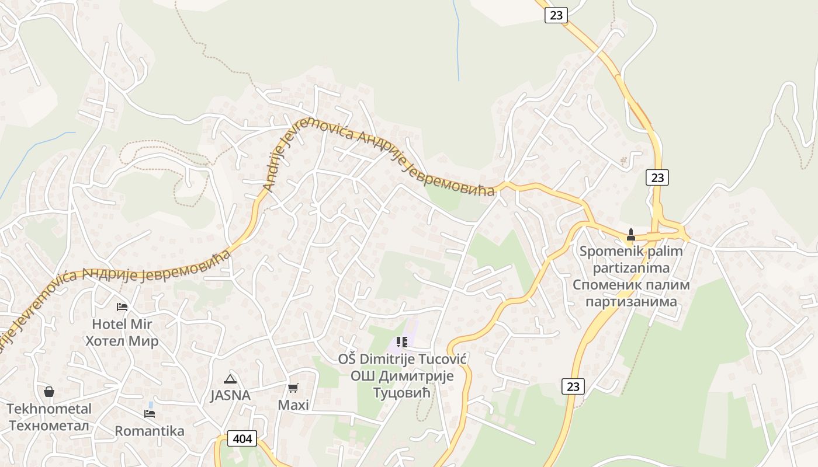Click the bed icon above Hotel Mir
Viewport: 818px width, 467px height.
click(122, 306)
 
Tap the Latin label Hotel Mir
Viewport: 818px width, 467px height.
click(122, 324)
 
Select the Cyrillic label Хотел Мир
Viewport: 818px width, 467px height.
click(122, 341)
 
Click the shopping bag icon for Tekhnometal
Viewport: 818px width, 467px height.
click(49, 391)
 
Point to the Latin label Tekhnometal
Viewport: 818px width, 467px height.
click(49, 409)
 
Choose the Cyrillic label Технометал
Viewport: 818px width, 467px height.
click(49, 426)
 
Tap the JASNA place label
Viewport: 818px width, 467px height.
click(230, 396)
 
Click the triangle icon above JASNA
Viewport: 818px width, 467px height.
click(230, 379)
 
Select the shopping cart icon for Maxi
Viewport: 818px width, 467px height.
click(293, 388)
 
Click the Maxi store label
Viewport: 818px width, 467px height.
click(293, 405)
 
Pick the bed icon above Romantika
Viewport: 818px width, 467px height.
click(150, 414)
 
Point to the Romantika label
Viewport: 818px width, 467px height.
click(150, 431)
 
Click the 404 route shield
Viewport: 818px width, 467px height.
click(241, 438)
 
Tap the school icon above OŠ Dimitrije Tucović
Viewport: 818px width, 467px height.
click(401, 341)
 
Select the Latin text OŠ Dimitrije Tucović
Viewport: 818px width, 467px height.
click(402, 358)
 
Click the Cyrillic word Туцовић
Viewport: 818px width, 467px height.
click(402, 392)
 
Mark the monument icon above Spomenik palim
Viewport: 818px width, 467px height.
click(630, 235)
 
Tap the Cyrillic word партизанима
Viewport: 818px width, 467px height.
click(631, 302)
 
